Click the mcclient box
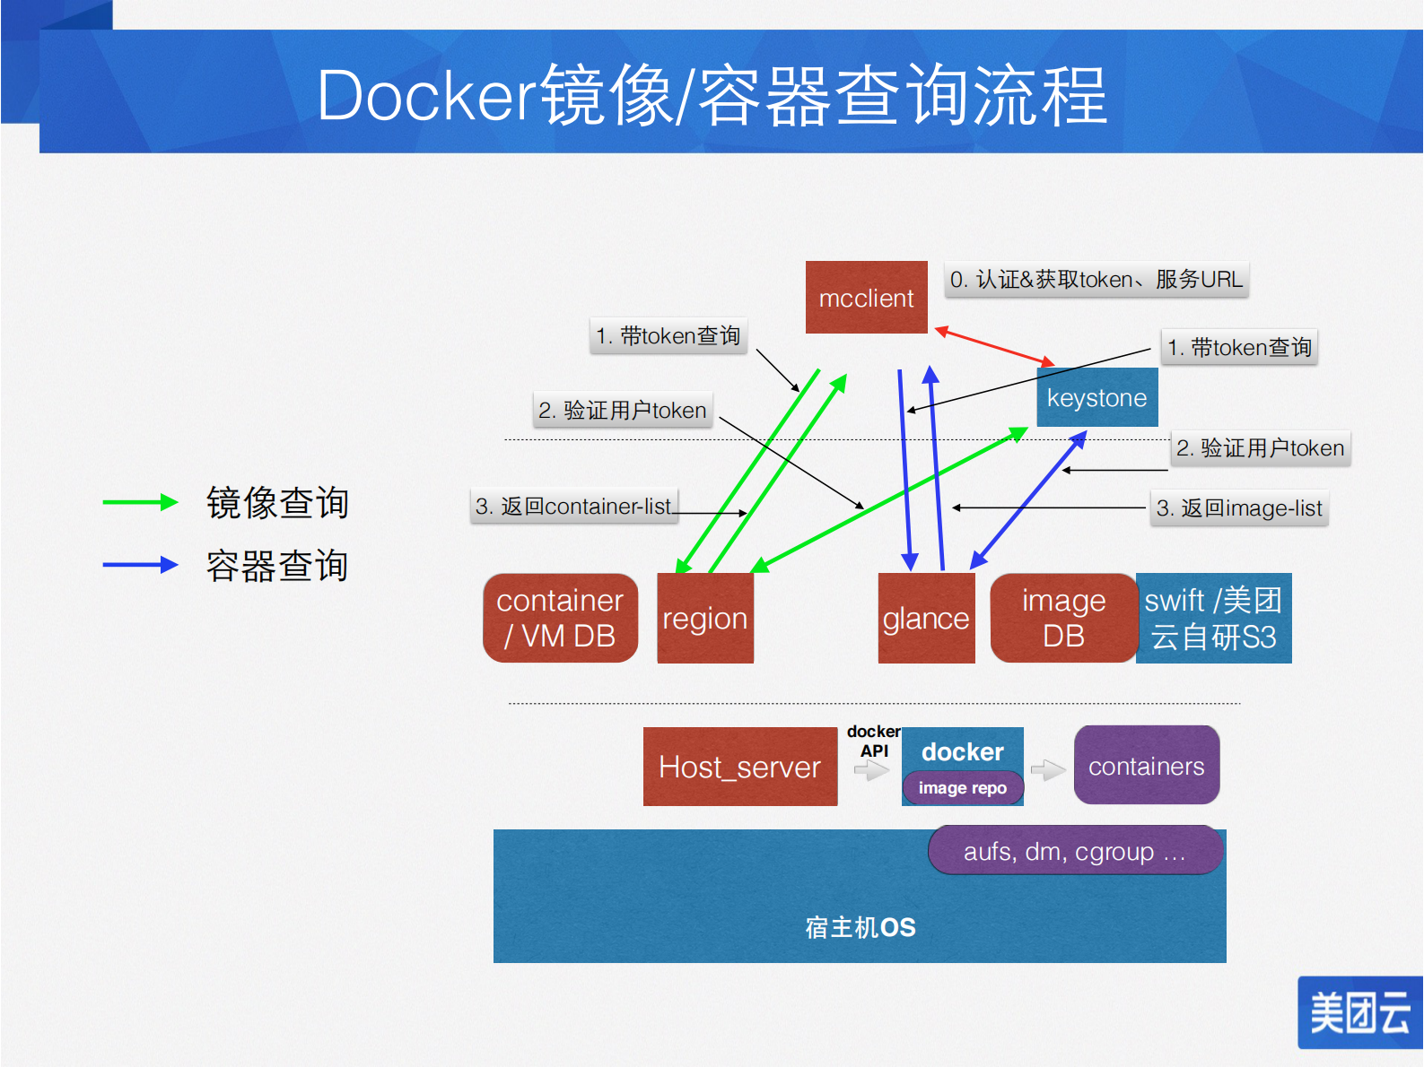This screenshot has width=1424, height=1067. [866, 298]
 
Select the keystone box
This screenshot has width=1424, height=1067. [1096, 397]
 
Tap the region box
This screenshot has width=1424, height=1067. [705, 618]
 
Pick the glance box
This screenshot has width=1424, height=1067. [926, 618]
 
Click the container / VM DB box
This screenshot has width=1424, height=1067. [560, 618]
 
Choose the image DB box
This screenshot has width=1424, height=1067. [1063, 618]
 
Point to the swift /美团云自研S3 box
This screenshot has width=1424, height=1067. [1213, 618]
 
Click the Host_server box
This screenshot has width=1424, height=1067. [739, 767]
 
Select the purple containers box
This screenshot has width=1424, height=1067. [1146, 766]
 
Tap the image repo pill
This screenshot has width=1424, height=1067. [962, 788]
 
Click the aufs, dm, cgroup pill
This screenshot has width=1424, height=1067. [1074, 851]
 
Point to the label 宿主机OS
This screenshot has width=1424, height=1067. [860, 927]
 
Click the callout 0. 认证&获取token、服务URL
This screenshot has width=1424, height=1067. [1096, 280]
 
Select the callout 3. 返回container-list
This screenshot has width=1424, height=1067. [573, 507]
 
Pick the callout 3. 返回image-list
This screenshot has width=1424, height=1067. [1238, 508]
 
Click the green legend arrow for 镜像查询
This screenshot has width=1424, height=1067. [140, 502]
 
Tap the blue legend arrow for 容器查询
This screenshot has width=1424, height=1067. [140, 565]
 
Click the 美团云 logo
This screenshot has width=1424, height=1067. [1359, 1012]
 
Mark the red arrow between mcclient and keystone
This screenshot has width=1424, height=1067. [994, 347]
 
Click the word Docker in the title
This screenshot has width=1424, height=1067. [427, 95]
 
